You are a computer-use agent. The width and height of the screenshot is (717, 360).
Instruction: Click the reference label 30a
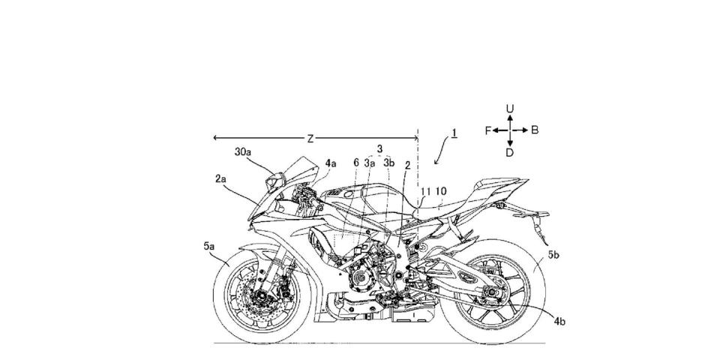[243, 152]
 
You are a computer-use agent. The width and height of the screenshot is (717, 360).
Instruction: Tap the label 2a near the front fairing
[220, 179]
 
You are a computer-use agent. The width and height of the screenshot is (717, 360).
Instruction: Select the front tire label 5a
[209, 246]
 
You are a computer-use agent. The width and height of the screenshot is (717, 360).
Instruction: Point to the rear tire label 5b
[553, 256]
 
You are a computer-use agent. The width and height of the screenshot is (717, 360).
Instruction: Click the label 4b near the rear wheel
[559, 322]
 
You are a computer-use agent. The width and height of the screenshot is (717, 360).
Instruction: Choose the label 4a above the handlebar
[331, 163]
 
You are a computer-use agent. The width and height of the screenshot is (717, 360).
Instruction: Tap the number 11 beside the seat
[425, 190]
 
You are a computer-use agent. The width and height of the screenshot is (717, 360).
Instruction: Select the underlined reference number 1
[454, 133]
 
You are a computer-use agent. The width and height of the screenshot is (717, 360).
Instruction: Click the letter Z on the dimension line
[310, 139]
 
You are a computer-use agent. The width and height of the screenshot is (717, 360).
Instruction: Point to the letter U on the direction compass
[510, 109]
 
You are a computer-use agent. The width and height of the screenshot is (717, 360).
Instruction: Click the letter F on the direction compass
[488, 130]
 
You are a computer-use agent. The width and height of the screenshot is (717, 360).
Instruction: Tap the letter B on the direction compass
[535, 130]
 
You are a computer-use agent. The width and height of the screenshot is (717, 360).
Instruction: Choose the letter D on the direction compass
[510, 153]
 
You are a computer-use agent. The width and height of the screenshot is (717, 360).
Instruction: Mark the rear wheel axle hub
[492, 292]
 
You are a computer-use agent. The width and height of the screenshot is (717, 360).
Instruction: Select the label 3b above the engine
[388, 163]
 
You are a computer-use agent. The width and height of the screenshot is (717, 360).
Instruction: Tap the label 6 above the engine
[356, 163]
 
